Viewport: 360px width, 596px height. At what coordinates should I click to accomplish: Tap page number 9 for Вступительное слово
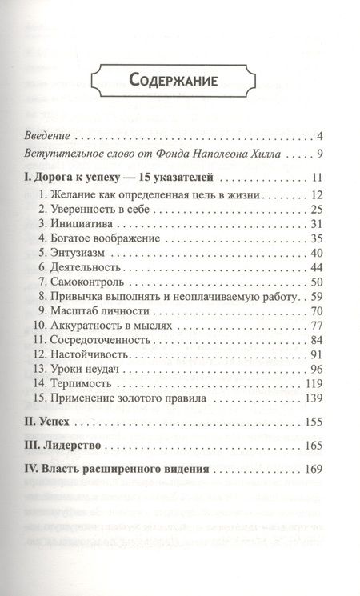click(x=318, y=154)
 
